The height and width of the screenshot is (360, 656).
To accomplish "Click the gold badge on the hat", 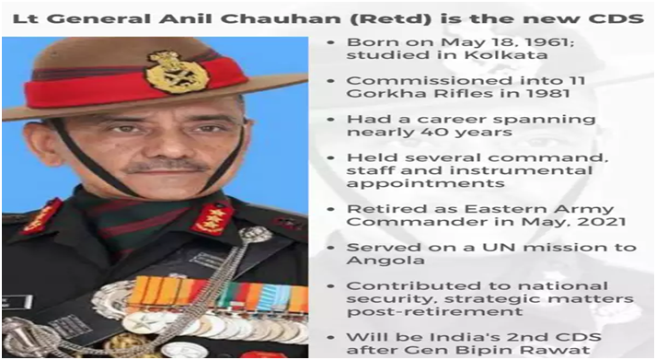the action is click(176, 72).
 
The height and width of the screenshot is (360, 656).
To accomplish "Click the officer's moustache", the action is click(167, 167).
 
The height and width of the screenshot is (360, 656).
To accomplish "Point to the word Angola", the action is click(380, 261).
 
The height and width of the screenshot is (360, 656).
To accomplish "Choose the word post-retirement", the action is click(435, 312).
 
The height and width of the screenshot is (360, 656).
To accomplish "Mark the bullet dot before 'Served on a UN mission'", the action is click(331, 248).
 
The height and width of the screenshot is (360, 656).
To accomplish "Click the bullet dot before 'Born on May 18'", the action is click(331, 42).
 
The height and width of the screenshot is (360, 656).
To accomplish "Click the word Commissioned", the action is click(429, 80).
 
